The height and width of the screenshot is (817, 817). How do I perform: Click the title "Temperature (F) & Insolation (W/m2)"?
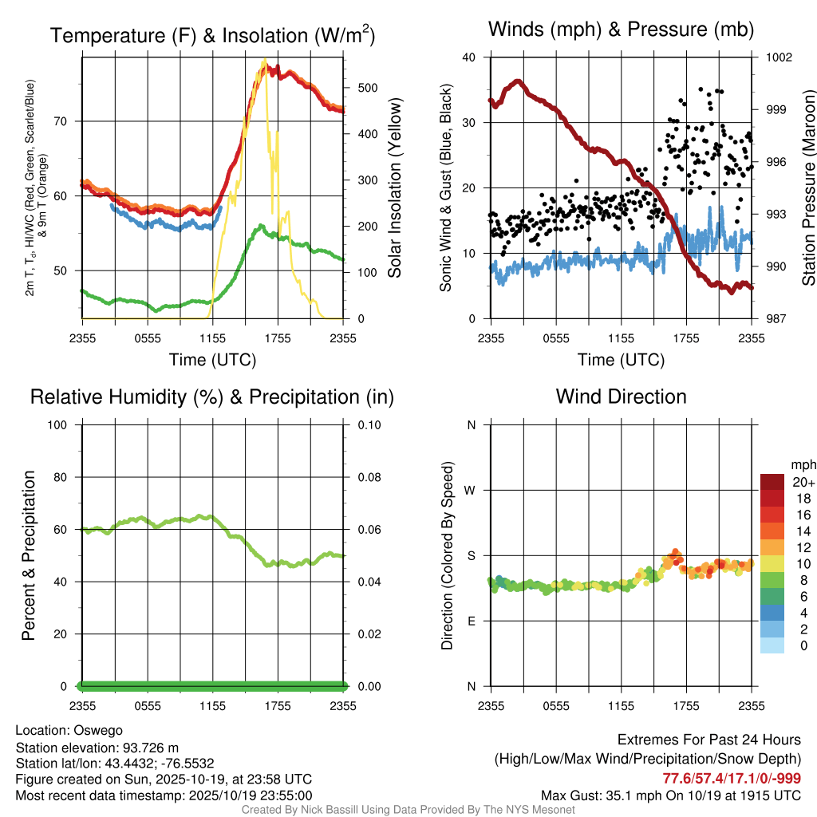click(212, 36)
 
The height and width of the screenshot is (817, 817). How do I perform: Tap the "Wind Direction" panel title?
click(621, 397)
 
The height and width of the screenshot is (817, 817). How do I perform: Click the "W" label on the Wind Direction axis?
click(471, 490)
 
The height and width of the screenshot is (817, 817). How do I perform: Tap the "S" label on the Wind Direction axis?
click(472, 555)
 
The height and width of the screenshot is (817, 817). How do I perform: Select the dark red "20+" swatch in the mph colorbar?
click(772, 483)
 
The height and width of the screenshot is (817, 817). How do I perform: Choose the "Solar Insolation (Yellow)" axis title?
click(394, 188)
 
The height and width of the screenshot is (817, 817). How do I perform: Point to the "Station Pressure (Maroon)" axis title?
click(807, 188)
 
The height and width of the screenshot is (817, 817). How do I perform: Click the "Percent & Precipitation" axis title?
click(28, 555)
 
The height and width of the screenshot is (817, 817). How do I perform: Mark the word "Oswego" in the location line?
click(98, 729)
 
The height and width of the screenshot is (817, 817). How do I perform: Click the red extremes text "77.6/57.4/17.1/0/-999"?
click(732, 778)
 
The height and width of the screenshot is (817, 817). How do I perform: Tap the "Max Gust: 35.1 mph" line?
click(670, 795)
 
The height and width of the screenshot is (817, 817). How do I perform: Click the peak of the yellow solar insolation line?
click(264, 60)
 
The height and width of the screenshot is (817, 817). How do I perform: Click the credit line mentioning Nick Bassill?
click(408, 810)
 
